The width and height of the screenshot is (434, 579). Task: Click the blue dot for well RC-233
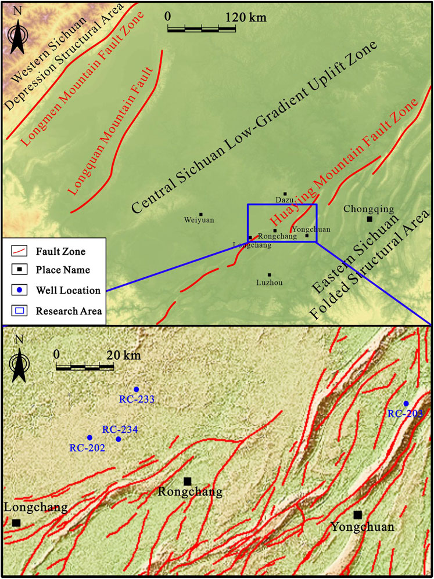click(137, 389)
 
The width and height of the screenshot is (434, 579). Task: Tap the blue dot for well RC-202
click(89, 437)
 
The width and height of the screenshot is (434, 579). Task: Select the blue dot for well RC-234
click(119, 439)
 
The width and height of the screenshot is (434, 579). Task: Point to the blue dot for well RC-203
click(406, 403)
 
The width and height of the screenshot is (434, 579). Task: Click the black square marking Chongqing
click(370, 219)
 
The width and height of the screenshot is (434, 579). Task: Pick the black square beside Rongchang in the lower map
click(188, 481)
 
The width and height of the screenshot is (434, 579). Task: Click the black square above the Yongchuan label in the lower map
click(358, 515)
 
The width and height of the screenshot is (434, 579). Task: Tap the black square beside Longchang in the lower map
click(16, 523)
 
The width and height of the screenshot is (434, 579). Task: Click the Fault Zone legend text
click(60, 252)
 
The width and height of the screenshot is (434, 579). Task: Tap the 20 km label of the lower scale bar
click(119, 354)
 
